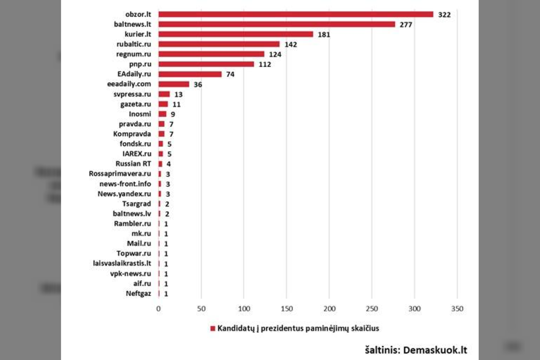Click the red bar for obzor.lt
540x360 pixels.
[295, 14]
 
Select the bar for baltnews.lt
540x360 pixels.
[276, 24]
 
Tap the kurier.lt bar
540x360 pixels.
[235, 34]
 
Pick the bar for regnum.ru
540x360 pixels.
[211, 54]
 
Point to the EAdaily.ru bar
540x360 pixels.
[190, 74]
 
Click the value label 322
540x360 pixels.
[444, 15]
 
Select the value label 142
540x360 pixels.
[291, 45]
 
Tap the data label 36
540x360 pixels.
[198, 84]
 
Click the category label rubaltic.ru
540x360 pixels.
[133, 44]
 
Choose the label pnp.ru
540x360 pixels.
[140, 64]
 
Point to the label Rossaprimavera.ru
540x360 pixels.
[120, 174]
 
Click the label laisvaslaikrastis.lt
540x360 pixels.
[122, 263]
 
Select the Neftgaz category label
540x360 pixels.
[138, 293]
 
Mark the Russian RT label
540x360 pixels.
[133, 164]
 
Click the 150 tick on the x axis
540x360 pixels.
[286, 309]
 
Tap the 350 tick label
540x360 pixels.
[457, 309]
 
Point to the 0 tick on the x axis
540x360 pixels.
[158, 309]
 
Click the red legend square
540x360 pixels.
[213, 328]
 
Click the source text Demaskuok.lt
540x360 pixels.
[435, 350]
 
